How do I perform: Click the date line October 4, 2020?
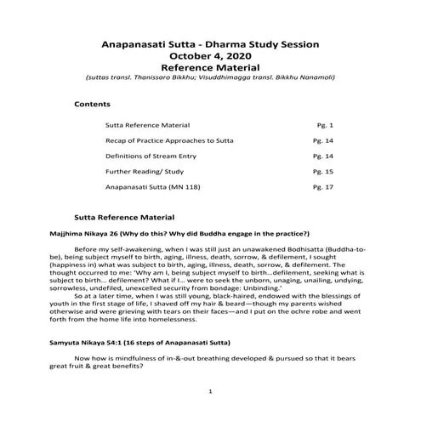(209, 54)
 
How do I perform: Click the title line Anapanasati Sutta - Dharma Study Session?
(209, 41)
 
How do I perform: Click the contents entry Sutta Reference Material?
(147, 124)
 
